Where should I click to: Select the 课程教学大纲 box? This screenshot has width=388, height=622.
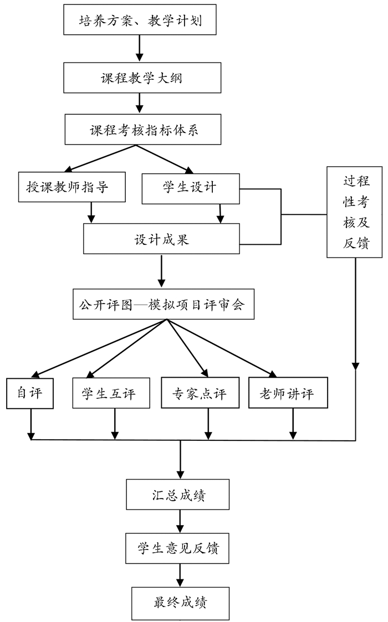point(139,78)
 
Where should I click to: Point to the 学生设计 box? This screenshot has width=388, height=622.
point(190,188)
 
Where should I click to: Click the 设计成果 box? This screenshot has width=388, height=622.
point(161,239)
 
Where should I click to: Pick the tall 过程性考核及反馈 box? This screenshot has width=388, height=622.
point(355,212)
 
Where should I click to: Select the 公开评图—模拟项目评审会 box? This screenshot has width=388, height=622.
point(164,305)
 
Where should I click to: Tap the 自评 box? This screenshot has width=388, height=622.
point(30,394)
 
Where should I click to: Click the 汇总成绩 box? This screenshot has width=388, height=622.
point(178,495)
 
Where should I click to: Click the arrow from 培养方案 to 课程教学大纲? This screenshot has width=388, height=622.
point(139,49)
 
